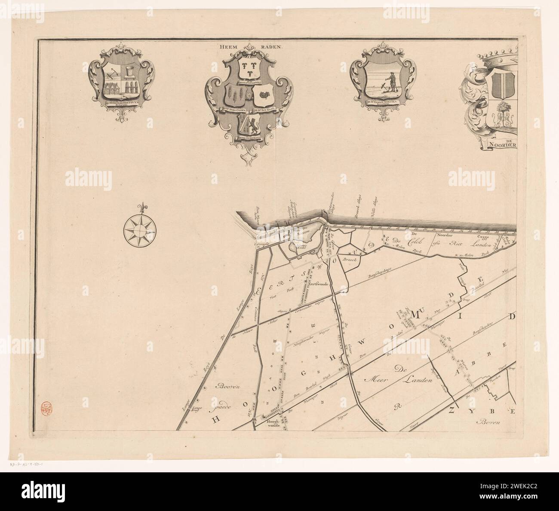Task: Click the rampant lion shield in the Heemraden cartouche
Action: tap(247, 125)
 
